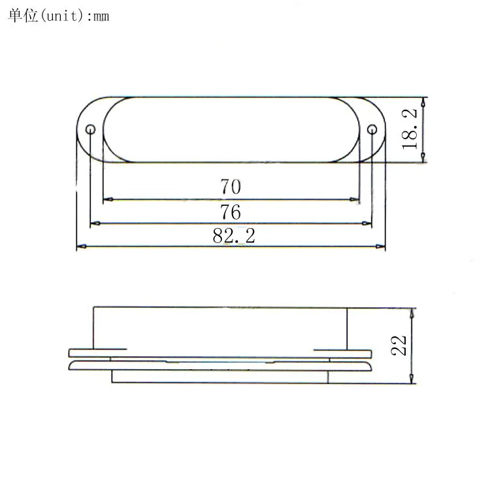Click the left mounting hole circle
[90, 129]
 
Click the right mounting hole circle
[372, 129]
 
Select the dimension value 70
[231, 187]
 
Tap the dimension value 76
[231, 212]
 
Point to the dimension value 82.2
[234, 236]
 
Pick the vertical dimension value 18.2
[410, 129]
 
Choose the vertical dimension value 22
[399, 346]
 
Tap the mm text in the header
[101, 16]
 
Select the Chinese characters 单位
[23, 15]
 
